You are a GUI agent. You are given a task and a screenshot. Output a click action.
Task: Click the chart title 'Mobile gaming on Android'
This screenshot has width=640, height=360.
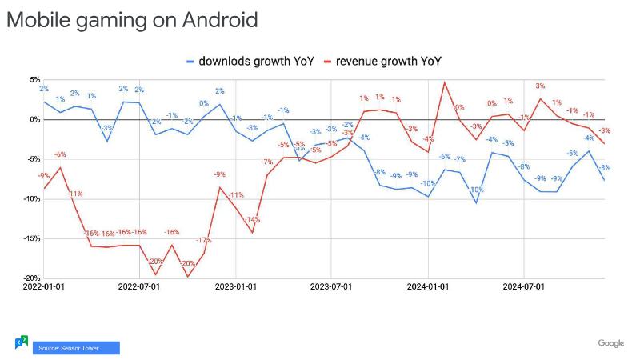pyautogui.click(x=132, y=19)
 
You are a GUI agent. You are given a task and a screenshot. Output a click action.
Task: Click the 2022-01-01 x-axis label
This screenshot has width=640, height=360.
pyautogui.click(x=45, y=286)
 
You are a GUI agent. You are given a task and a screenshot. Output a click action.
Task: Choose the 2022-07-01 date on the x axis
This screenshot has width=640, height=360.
pyautogui.click(x=140, y=286)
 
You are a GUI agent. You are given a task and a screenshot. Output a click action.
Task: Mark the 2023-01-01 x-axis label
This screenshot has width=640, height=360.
pyautogui.click(x=237, y=286)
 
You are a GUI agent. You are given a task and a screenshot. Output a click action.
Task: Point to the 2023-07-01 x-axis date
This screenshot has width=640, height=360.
pyautogui.click(x=332, y=286)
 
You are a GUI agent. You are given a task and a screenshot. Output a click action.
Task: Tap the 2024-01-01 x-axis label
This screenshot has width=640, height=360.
pyautogui.click(x=429, y=286)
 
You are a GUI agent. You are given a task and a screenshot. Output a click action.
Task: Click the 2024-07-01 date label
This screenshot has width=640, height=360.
pyautogui.click(x=523, y=286)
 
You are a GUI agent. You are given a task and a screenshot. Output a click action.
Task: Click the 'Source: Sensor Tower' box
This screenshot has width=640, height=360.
pyautogui.click(x=76, y=348)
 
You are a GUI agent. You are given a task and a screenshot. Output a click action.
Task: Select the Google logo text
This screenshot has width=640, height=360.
pyautogui.click(x=611, y=343)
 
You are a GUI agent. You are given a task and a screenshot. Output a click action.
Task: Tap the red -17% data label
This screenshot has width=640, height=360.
pyautogui.click(x=203, y=240)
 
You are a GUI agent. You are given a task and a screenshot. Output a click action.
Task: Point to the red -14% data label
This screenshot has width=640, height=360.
pyautogui.click(x=253, y=219)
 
